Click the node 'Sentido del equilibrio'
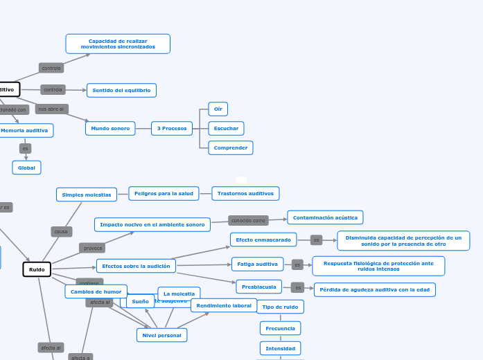coord(121,90)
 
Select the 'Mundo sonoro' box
coord(110,128)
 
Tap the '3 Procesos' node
coord(172,128)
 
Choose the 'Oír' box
coord(218,109)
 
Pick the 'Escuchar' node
coord(226,128)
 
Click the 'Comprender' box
coord(231,147)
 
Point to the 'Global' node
coord(26,168)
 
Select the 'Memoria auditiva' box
coord(25,130)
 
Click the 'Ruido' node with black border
coord(37,269)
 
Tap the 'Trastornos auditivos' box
coord(245,193)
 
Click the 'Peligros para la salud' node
coord(164,193)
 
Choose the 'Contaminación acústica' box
coord(325,217)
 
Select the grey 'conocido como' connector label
coord(249,221)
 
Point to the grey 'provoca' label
coord(93,248)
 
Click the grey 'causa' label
coord(62,231)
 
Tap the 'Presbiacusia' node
coord(259,287)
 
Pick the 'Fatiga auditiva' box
coord(257,264)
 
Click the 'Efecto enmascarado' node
coord(263,240)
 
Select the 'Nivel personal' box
coord(161,335)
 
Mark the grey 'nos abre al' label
coord(52,109)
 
